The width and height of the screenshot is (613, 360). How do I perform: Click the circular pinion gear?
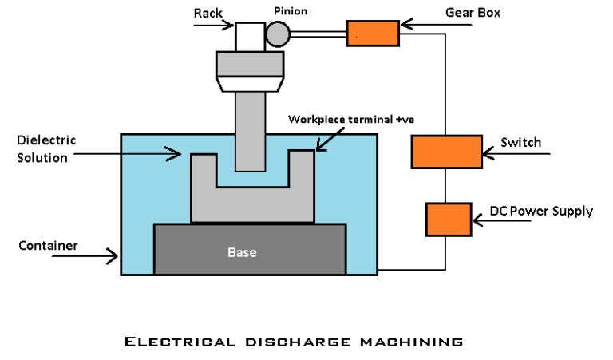pyautogui.click(x=278, y=34)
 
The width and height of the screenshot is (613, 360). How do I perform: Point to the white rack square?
pyautogui.click(x=249, y=35)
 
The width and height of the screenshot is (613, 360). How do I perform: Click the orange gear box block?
pyautogui.click(x=372, y=34)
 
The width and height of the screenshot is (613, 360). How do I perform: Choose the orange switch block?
pyautogui.click(x=446, y=151)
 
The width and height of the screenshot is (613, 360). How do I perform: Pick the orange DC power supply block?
pyautogui.click(x=449, y=220)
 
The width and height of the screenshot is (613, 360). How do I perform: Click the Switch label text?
pyautogui.click(x=520, y=143)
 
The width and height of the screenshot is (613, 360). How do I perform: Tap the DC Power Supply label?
pyautogui.click(x=540, y=212)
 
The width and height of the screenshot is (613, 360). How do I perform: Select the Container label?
pyautogui.click(x=48, y=246)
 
